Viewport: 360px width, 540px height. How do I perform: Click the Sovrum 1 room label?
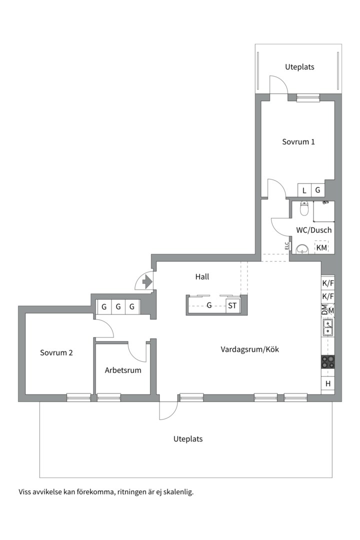(298, 142)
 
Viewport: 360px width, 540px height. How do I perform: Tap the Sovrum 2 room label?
(56, 352)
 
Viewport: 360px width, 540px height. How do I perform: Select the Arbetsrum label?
(123, 370)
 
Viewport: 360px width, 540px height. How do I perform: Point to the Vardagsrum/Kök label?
(250, 349)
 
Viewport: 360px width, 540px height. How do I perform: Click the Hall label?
(202, 276)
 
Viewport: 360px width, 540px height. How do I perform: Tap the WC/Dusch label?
(314, 230)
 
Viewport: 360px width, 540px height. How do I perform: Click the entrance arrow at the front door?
(147, 282)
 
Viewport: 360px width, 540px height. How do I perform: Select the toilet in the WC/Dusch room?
(304, 208)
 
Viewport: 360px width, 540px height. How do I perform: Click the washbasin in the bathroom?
(302, 248)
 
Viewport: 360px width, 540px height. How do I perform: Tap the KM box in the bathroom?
(321, 247)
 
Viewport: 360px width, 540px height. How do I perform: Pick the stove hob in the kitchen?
(327, 362)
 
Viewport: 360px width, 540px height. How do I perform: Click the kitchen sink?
(327, 327)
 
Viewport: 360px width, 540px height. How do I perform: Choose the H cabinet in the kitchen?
(328, 383)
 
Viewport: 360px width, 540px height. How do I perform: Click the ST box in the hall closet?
(232, 306)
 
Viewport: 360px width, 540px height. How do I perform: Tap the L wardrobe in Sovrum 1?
(304, 190)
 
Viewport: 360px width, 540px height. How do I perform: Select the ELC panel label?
(286, 245)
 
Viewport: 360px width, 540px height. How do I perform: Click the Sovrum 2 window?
(78, 398)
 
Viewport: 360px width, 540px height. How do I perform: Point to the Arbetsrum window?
(109, 398)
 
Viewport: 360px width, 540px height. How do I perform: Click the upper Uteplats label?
(299, 67)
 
